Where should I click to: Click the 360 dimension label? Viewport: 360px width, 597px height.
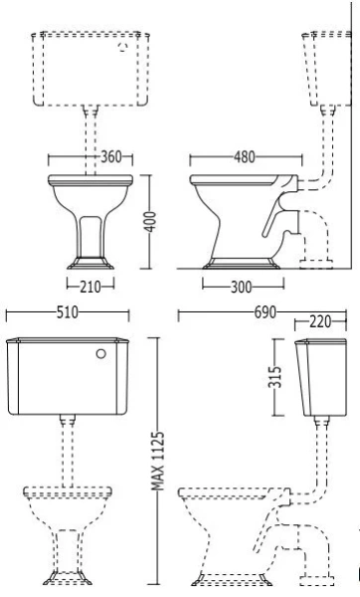tap(111, 157)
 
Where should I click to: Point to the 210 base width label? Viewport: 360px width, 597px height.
tap(90, 286)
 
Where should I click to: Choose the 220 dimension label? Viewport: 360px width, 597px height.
tap(322, 323)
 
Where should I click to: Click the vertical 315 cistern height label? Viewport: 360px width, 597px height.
tap(277, 378)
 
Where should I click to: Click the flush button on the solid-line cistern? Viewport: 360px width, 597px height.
tap(100, 353)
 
